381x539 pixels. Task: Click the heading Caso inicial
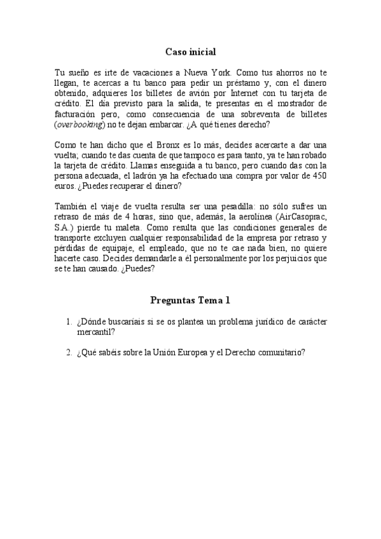pyautogui.click(x=191, y=52)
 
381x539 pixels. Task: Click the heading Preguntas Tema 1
pyautogui.click(x=190, y=300)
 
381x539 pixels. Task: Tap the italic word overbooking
pyautogui.click(x=80, y=125)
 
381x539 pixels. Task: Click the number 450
pyautogui.click(x=315, y=176)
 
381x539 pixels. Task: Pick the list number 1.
pyautogui.click(x=69, y=322)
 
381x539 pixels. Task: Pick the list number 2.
pyautogui.click(x=69, y=353)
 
